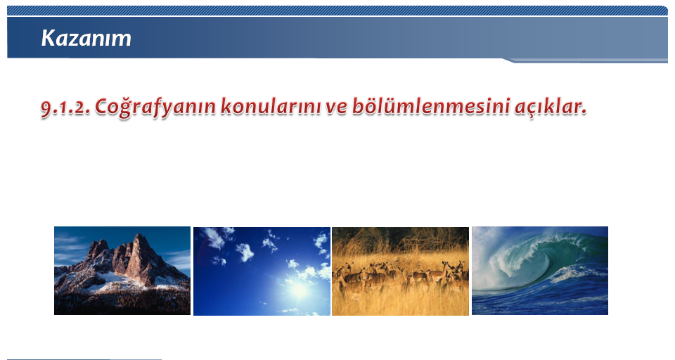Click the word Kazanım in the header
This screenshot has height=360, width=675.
(x=86, y=38)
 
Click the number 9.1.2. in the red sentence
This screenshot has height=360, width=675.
(x=65, y=107)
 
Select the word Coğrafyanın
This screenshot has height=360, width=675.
(x=155, y=108)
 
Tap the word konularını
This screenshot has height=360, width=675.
(x=271, y=106)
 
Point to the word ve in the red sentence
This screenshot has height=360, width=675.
(x=336, y=108)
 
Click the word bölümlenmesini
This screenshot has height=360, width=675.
(x=431, y=106)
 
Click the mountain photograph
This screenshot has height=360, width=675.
(x=122, y=271)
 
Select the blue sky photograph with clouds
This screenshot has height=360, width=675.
(x=262, y=271)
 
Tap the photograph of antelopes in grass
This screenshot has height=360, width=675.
(x=400, y=271)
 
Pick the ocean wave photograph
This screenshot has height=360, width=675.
(x=540, y=271)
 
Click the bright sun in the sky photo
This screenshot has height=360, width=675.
(x=300, y=290)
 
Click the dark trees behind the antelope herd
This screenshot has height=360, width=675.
(x=400, y=239)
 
